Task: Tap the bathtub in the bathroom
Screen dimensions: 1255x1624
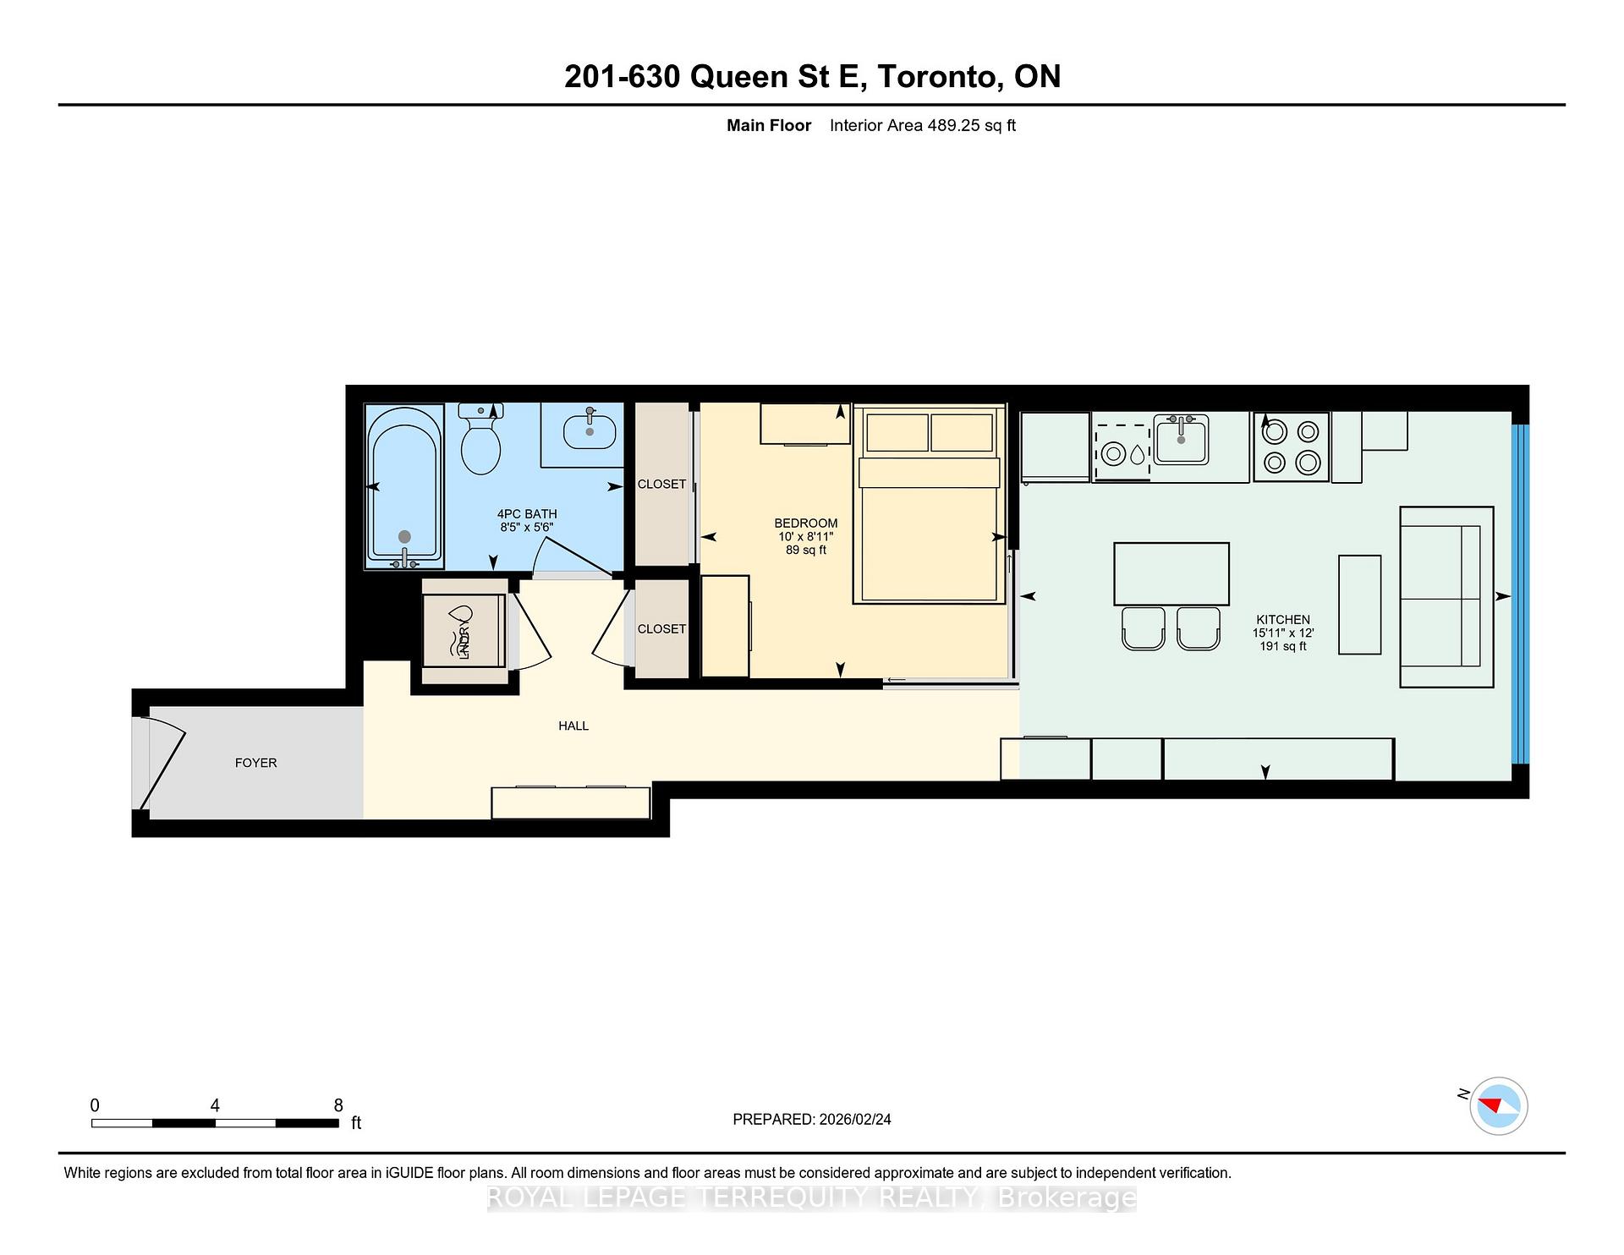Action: coord(404,486)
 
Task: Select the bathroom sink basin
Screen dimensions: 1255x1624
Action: coord(589,431)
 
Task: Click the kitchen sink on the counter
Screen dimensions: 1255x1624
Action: coord(1181,441)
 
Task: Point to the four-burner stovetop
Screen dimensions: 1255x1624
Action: coord(1291,447)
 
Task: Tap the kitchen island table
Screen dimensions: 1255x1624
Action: coord(1171,574)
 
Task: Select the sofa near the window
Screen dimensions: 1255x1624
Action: coord(1446,596)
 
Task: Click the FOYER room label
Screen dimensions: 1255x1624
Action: coord(255,763)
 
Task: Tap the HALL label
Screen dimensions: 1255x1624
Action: coord(573,726)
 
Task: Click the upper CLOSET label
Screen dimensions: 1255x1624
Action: coord(661,485)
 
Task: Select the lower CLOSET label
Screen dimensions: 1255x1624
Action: coord(661,629)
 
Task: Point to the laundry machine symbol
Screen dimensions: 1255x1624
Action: coord(464,631)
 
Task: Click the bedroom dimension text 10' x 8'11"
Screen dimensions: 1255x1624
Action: coord(805,537)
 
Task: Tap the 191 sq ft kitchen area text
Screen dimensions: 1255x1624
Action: coord(1282,646)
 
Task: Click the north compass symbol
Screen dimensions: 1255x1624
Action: coord(1498,1105)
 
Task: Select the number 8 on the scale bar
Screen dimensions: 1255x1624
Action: coord(338,1105)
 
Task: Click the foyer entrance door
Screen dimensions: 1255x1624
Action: coord(161,764)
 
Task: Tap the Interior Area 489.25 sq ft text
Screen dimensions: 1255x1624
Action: coord(922,126)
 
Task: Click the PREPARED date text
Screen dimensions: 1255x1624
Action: coord(811,1119)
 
